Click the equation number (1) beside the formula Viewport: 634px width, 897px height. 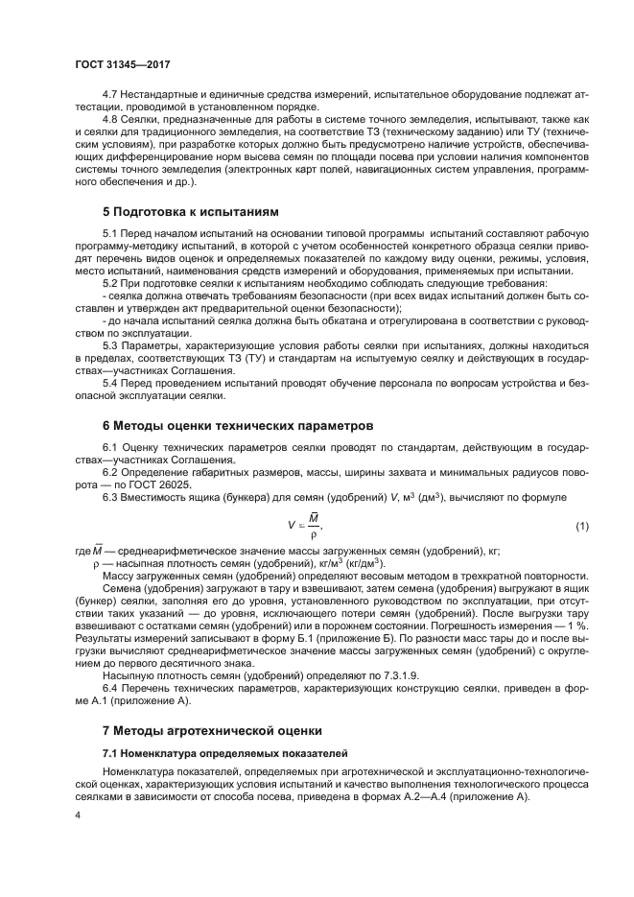point(581,527)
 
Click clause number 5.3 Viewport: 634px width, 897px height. point(112,342)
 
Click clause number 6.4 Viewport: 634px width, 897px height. point(112,689)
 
